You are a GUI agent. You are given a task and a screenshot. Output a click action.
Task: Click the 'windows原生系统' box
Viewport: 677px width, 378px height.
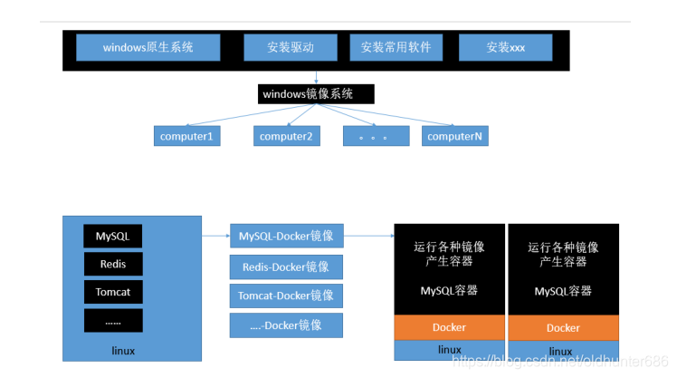click(148, 47)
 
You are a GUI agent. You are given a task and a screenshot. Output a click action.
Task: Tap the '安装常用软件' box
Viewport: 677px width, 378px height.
click(396, 47)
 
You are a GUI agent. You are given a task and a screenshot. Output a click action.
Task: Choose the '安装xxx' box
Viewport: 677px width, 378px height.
click(505, 47)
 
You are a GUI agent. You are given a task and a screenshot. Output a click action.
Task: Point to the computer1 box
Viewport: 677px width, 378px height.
click(186, 136)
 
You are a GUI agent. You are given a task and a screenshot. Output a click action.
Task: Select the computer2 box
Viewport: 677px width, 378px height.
click(286, 136)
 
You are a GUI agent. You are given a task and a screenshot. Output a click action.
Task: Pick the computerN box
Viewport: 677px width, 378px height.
click(454, 136)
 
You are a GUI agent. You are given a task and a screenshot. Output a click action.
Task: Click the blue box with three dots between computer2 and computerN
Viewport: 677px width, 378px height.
click(372, 136)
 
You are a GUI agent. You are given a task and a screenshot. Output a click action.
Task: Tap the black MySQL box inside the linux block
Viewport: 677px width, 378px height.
click(113, 237)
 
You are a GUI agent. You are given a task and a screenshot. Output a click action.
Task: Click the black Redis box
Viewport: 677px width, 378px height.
click(113, 264)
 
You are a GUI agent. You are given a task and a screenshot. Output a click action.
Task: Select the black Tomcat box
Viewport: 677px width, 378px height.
click(113, 292)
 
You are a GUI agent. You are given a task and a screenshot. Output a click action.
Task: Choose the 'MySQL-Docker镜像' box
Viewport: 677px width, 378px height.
click(286, 237)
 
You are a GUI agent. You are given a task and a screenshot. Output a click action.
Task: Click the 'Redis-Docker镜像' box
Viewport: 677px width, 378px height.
click(286, 267)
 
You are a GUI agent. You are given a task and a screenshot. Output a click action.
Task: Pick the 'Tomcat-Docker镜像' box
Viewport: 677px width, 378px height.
click(286, 296)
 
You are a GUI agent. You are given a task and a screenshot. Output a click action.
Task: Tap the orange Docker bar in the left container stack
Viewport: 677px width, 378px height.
click(449, 327)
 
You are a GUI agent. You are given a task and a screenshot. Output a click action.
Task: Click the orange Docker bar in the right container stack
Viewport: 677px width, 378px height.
click(563, 327)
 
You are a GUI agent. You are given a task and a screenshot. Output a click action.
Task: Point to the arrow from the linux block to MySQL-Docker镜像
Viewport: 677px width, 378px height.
click(215, 236)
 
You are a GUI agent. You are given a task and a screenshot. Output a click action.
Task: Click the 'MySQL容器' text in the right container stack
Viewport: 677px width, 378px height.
click(563, 291)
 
